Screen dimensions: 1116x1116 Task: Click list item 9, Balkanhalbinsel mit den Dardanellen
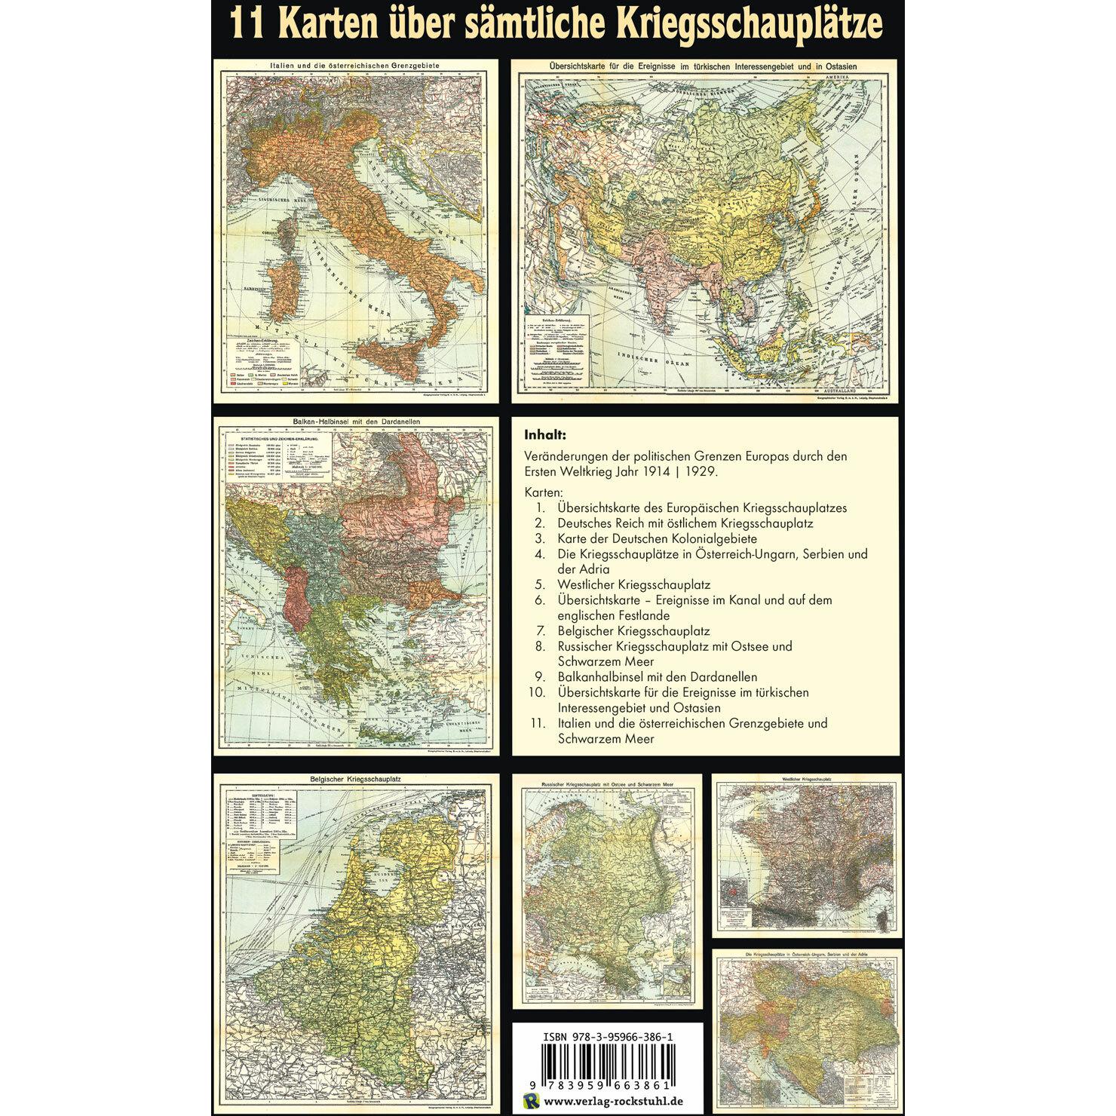[657, 676]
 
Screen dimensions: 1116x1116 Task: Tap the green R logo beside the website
[531, 1102]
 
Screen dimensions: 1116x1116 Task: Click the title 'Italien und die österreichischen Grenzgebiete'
[354, 66]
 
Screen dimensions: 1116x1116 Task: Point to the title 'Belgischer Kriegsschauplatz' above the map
[354, 780]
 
